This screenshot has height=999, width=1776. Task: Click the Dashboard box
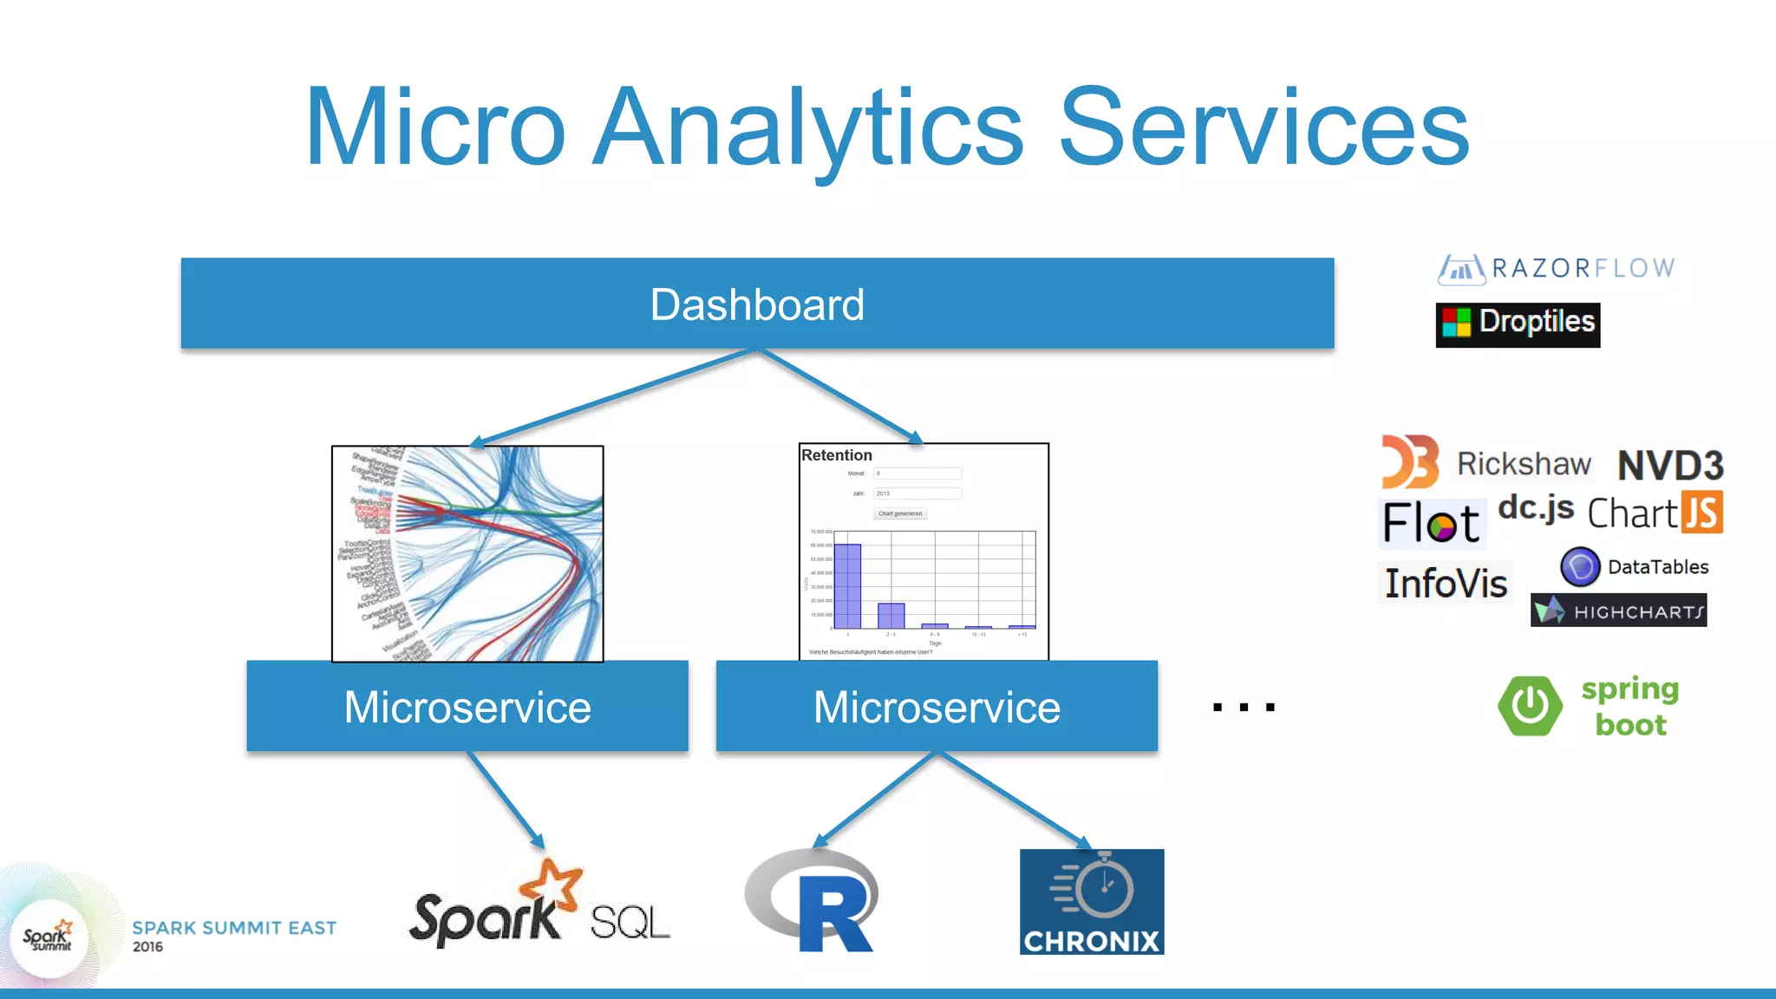pos(757,304)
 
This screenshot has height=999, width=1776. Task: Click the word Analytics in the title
pos(808,127)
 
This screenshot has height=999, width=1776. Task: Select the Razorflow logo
pos(1557,269)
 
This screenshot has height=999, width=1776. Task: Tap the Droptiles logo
pos(1518,324)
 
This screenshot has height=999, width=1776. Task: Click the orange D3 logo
pos(1409,461)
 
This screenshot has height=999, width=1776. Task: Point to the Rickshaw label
pos(1524,464)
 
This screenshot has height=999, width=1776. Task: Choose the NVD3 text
pos(1670,467)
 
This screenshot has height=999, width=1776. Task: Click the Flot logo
pos(1432,523)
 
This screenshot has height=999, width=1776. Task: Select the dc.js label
pos(1536,507)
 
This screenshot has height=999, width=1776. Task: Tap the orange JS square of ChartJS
pos(1701,512)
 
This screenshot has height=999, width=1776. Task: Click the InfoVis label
pos(1446,584)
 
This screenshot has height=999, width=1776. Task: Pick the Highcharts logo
pos(1618,610)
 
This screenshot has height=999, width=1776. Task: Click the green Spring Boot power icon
pos(1530,706)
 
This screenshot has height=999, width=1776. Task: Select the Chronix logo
pos(1092,902)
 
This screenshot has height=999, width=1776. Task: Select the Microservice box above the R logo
pos(937,706)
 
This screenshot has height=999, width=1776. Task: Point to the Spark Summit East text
pos(234,928)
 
